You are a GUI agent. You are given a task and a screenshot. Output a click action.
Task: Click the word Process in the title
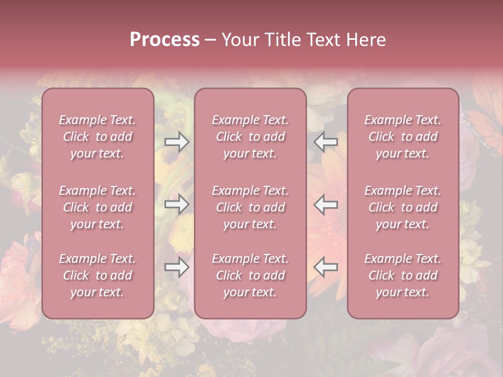point(165,40)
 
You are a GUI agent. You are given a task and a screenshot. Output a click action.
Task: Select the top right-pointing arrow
point(177,142)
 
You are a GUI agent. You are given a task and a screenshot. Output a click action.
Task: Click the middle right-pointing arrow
point(177,204)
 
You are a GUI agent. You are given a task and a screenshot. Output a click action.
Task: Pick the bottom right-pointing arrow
point(177,267)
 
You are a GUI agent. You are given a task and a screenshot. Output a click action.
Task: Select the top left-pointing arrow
point(325,142)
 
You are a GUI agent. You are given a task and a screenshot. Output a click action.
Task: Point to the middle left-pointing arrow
point(325,204)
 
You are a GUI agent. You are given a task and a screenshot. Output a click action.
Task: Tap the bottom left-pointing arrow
point(325,267)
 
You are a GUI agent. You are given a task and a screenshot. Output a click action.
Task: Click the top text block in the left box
point(97,137)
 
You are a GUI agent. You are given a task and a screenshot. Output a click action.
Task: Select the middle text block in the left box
point(97,207)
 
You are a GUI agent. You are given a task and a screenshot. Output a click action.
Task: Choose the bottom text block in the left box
point(97,275)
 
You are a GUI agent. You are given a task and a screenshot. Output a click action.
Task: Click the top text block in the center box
point(250,137)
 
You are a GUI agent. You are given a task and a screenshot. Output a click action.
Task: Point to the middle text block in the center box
point(250,207)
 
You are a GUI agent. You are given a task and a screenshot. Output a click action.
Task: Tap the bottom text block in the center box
point(250,275)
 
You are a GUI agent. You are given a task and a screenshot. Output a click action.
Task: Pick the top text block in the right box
point(403,137)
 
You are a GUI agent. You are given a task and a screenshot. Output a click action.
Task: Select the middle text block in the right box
point(403,207)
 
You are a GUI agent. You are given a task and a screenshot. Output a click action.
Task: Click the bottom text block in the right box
point(403,275)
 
